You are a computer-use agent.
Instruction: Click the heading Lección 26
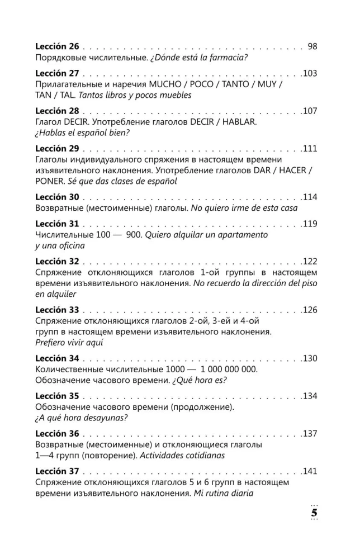point(57,46)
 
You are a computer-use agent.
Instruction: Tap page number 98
point(312,46)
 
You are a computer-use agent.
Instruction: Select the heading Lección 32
point(57,262)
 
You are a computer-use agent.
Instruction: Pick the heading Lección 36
point(57,434)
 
